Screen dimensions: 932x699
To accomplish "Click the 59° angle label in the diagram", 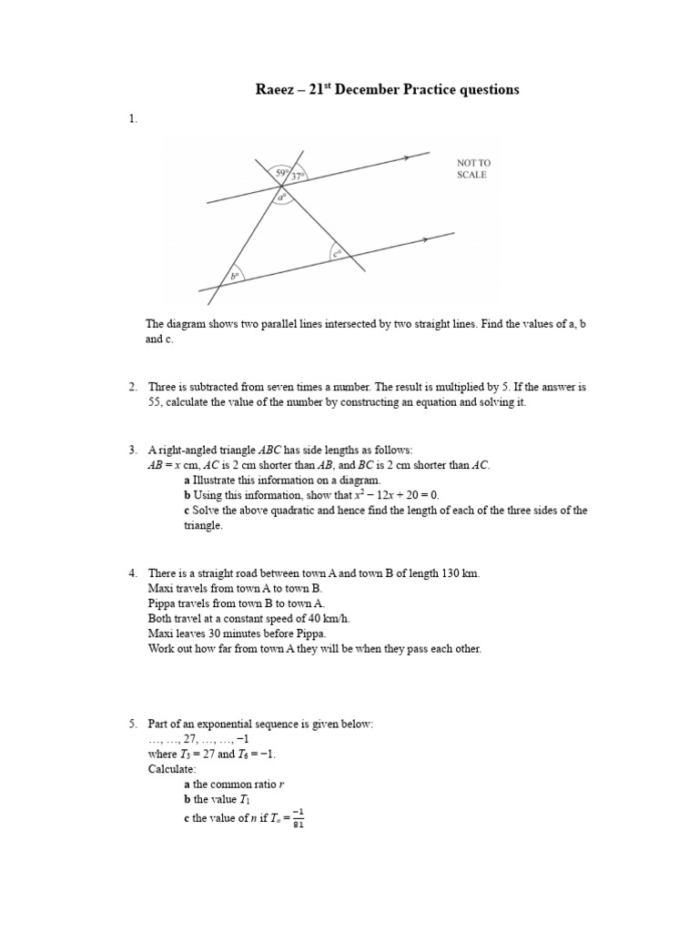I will pyautogui.click(x=281, y=172).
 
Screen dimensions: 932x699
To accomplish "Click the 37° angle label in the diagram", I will pyautogui.click(x=298, y=177).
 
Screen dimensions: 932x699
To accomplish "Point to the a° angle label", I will pyautogui.click(x=282, y=196).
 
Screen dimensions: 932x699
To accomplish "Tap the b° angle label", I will pyautogui.click(x=235, y=275).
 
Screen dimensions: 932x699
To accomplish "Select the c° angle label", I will pyautogui.click(x=338, y=254).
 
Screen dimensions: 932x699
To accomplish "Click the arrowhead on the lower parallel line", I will pyautogui.click(x=426, y=240).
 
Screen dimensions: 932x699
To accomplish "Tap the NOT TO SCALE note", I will pyautogui.click(x=473, y=168).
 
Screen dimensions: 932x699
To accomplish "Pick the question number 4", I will pyautogui.click(x=133, y=572).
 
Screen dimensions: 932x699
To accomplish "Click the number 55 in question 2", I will pyautogui.click(x=155, y=402).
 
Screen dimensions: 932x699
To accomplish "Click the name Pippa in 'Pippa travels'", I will pyautogui.click(x=161, y=603).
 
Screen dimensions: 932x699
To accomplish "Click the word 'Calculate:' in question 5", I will pyautogui.click(x=172, y=769).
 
